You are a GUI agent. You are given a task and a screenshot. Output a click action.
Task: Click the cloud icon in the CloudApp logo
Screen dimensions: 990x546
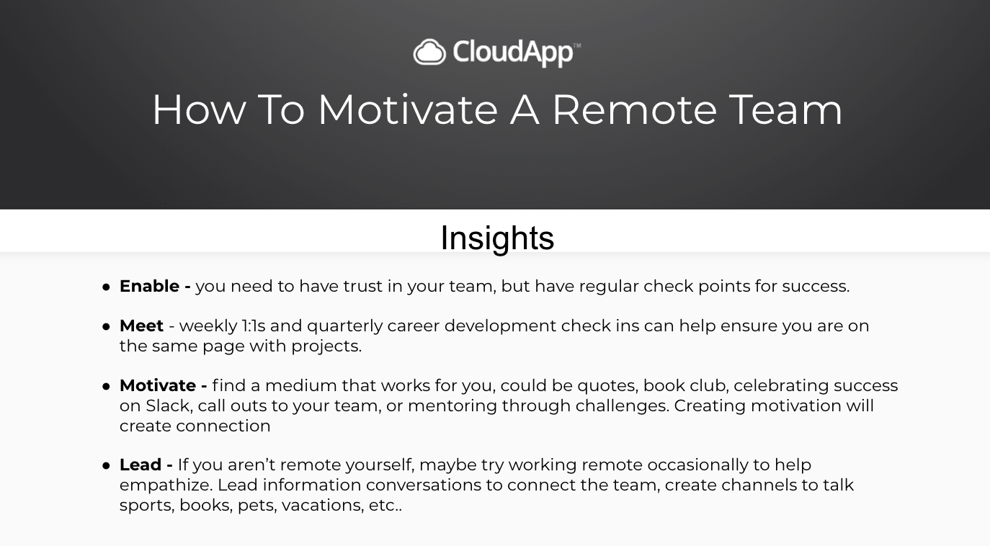click(x=429, y=52)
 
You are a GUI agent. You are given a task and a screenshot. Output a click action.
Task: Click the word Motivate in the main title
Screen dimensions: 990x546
click(x=408, y=109)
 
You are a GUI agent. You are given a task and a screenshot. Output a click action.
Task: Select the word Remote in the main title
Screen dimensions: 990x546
click(x=634, y=109)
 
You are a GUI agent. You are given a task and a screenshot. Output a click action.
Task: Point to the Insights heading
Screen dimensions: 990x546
click(x=497, y=238)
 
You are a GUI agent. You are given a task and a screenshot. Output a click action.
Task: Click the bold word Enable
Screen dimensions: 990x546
click(x=149, y=286)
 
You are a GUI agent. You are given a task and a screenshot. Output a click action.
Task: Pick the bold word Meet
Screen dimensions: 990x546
click(x=141, y=326)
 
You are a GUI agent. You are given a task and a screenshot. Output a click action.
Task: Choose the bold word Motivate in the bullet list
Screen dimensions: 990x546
click(x=158, y=385)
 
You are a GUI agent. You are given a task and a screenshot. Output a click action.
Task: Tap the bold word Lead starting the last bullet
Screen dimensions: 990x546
click(x=140, y=465)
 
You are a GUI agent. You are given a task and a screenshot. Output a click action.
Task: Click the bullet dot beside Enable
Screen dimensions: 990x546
click(x=106, y=287)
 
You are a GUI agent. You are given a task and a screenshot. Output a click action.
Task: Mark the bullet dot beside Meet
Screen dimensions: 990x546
click(x=106, y=327)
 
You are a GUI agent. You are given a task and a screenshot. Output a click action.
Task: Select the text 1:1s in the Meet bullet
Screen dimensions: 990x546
click(x=253, y=326)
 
